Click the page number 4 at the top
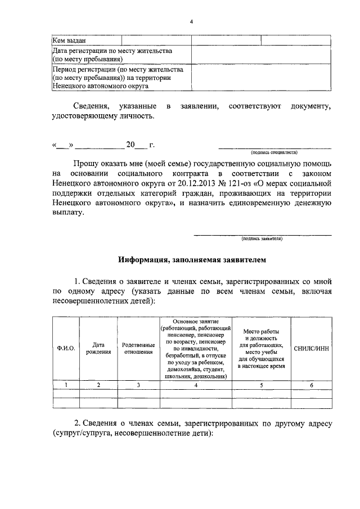[x=191, y=22]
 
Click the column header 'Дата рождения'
[x=98, y=348]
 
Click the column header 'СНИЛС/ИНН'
[x=311, y=348]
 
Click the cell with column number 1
[x=66, y=385]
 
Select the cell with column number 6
[x=311, y=385]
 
